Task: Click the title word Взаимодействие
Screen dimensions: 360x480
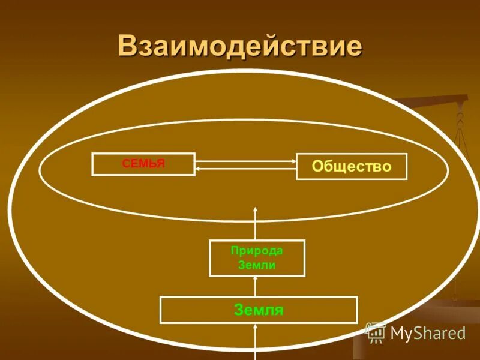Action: tap(240, 46)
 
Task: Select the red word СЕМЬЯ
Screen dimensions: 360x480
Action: tap(143, 163)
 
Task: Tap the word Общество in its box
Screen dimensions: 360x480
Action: tap(352, 166)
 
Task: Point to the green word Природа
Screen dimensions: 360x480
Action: tap(257, 251)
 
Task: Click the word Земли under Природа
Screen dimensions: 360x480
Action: tap(257, 265)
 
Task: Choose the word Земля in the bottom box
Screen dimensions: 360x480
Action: tap(259, 310)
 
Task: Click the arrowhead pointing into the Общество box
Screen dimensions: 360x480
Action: tap(293, 161)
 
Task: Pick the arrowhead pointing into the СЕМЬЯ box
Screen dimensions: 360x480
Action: tap(199, 169)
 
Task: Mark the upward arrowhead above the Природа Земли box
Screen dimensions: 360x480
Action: tap(256, 209)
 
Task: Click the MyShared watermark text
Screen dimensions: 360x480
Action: tap(428, 333)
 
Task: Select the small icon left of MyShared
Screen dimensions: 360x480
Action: tap(376, 332)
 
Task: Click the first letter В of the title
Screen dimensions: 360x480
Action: tap(127, 46)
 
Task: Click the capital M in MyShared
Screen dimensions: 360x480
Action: tap(398, 333)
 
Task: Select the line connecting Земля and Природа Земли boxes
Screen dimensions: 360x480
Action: tap(256, 287)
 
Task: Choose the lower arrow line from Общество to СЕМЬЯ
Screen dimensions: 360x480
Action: tap(246, 169)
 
